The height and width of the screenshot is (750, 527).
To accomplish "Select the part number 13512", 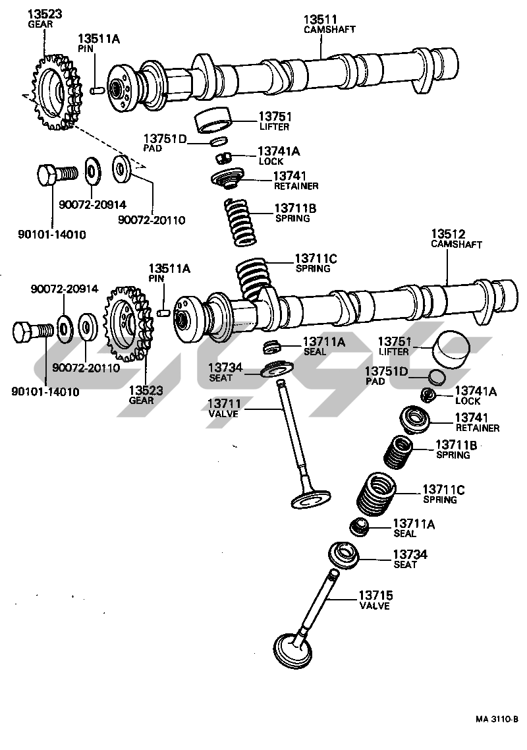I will tap(448, 234).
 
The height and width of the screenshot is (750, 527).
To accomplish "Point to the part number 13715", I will tap(375, 595).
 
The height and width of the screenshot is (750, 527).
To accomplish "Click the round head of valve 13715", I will tap(292, 649).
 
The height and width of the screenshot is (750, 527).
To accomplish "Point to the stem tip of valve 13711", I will tap(281, 383).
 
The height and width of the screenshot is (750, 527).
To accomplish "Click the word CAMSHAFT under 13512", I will tap(457, 245).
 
